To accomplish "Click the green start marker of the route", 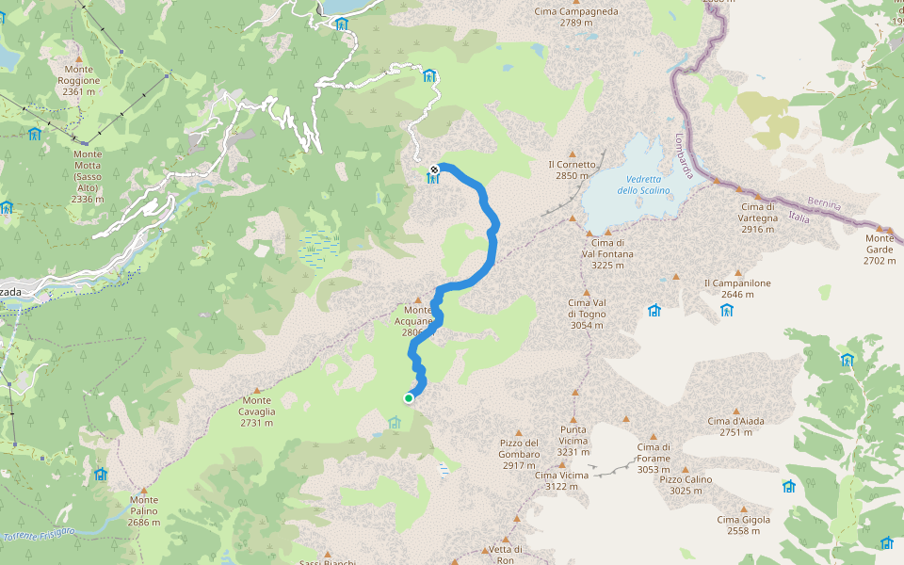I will pyautogui.click(x=409, y=398).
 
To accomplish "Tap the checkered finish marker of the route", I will pyautogui.click(x=434, y=170).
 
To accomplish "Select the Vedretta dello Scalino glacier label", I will pyautogui.click(x=643, y=185).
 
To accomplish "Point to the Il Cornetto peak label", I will pyautogui.click(x=572, y=169).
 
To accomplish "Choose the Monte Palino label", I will pyautogui.click(x=144, y=516).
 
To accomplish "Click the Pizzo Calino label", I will pyautogui.click(x=686, y=485).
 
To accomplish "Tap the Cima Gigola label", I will pyautogui.click(x=743, y=525).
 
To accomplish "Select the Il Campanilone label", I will pyautogui.click(x=736, y=288).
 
